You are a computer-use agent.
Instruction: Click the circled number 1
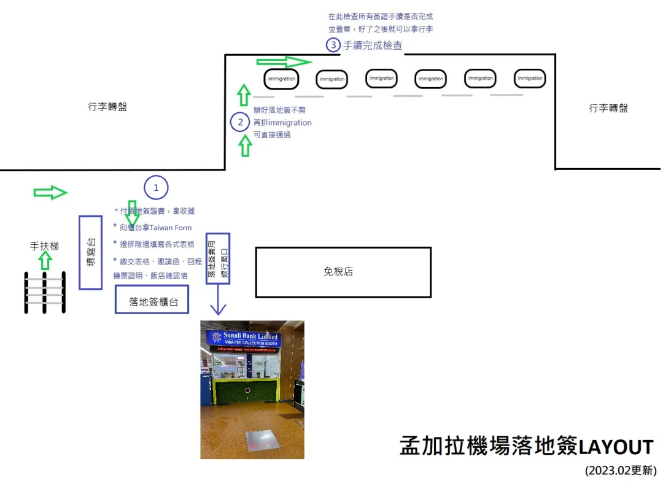click(x=156, y=188)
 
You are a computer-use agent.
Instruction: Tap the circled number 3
click(x=333, y=45)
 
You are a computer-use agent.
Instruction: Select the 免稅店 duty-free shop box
click(x=343, y=272)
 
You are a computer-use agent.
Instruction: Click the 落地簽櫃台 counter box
click(x=152, y=302)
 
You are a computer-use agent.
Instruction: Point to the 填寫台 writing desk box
click(x=90, y=252)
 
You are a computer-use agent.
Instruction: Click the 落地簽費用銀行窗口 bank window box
click(x=218, y=258)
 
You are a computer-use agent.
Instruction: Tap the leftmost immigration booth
click(x=282, y=79)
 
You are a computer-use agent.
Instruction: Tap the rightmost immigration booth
click(x=530, y=78)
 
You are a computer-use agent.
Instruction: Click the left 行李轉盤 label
click(x=107, y=107)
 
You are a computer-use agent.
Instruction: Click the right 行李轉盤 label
click(x=608, y=109)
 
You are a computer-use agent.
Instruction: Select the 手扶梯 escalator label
click(x=45, y=246)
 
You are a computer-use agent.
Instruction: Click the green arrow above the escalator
click(x=45, y=261)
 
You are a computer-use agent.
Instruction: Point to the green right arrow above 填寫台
click(x=50, y=193)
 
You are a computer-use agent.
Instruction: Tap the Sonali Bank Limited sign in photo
click(x=244, y=338)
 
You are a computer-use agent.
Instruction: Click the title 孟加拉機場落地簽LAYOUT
click(x=526, y=447)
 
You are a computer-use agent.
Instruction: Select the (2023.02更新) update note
click(x=620, y=471)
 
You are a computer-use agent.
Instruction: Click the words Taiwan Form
click(x=166, y=228)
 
